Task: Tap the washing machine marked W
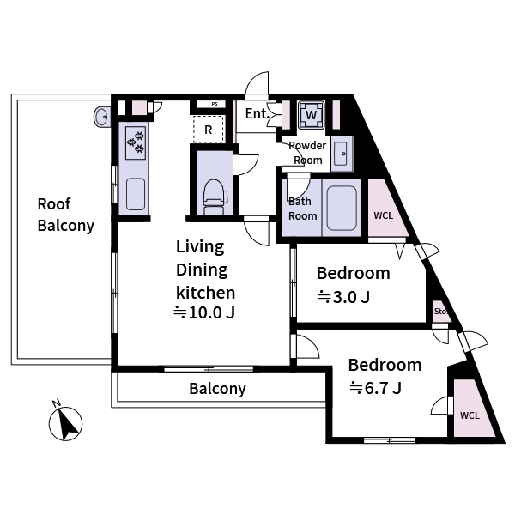311,115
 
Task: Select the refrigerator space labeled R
209,129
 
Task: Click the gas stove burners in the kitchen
136,142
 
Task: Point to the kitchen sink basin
136,194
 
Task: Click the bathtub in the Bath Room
342,208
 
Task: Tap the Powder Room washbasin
341,154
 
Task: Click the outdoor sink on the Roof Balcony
102,117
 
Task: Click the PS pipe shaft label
214,104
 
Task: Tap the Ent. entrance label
257,114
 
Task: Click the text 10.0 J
211,312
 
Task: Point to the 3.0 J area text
351,297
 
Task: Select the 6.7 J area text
383,388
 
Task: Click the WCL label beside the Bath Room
384,215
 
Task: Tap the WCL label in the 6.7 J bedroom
470,415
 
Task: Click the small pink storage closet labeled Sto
441,311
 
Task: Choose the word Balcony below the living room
217,389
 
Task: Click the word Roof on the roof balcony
54,204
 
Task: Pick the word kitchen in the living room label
206,293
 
